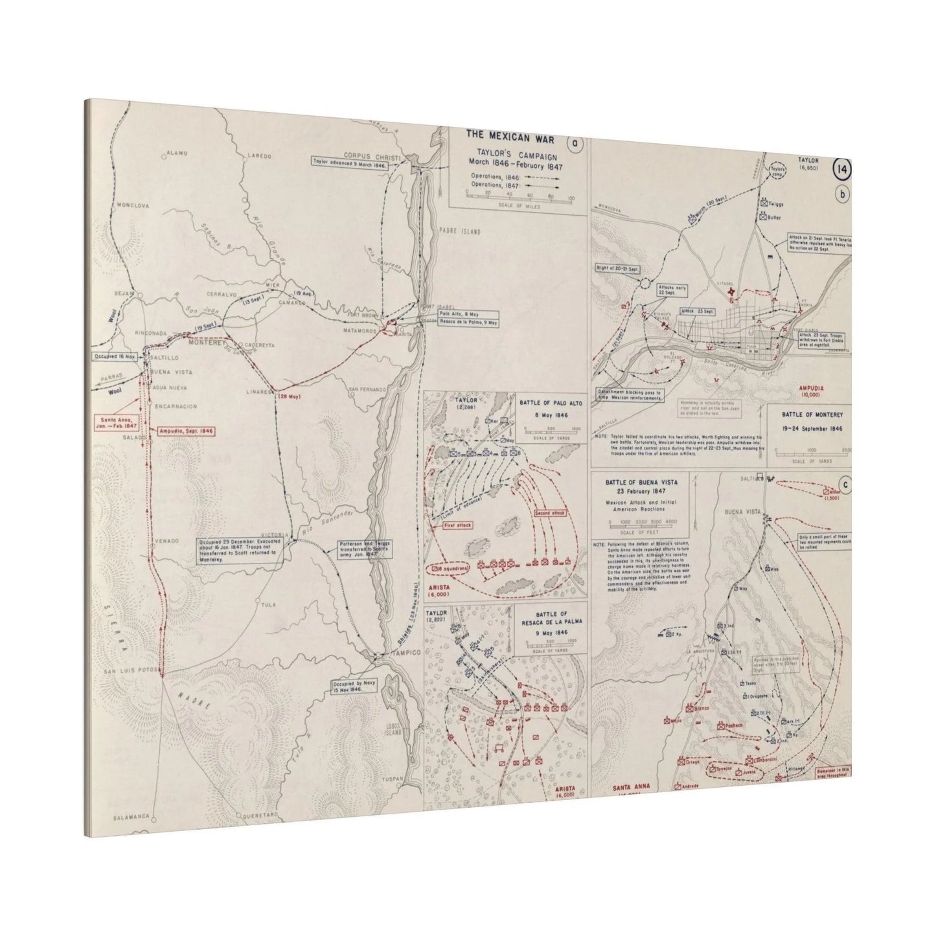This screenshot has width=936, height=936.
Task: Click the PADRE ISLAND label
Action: point(461,231)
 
